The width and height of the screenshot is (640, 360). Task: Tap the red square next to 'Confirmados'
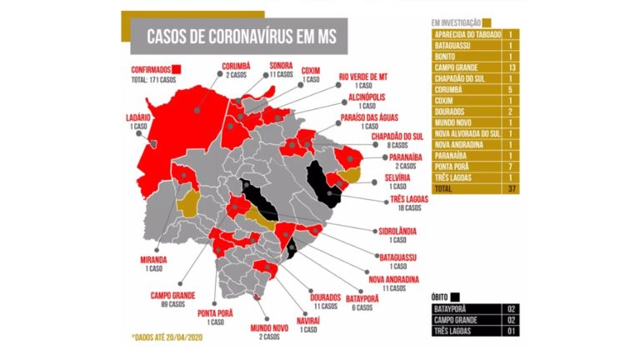177,70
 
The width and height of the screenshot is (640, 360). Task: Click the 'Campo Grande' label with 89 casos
173,294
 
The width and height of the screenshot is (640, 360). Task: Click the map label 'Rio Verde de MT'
362,77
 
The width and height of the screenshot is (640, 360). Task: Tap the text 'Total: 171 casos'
156,80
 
